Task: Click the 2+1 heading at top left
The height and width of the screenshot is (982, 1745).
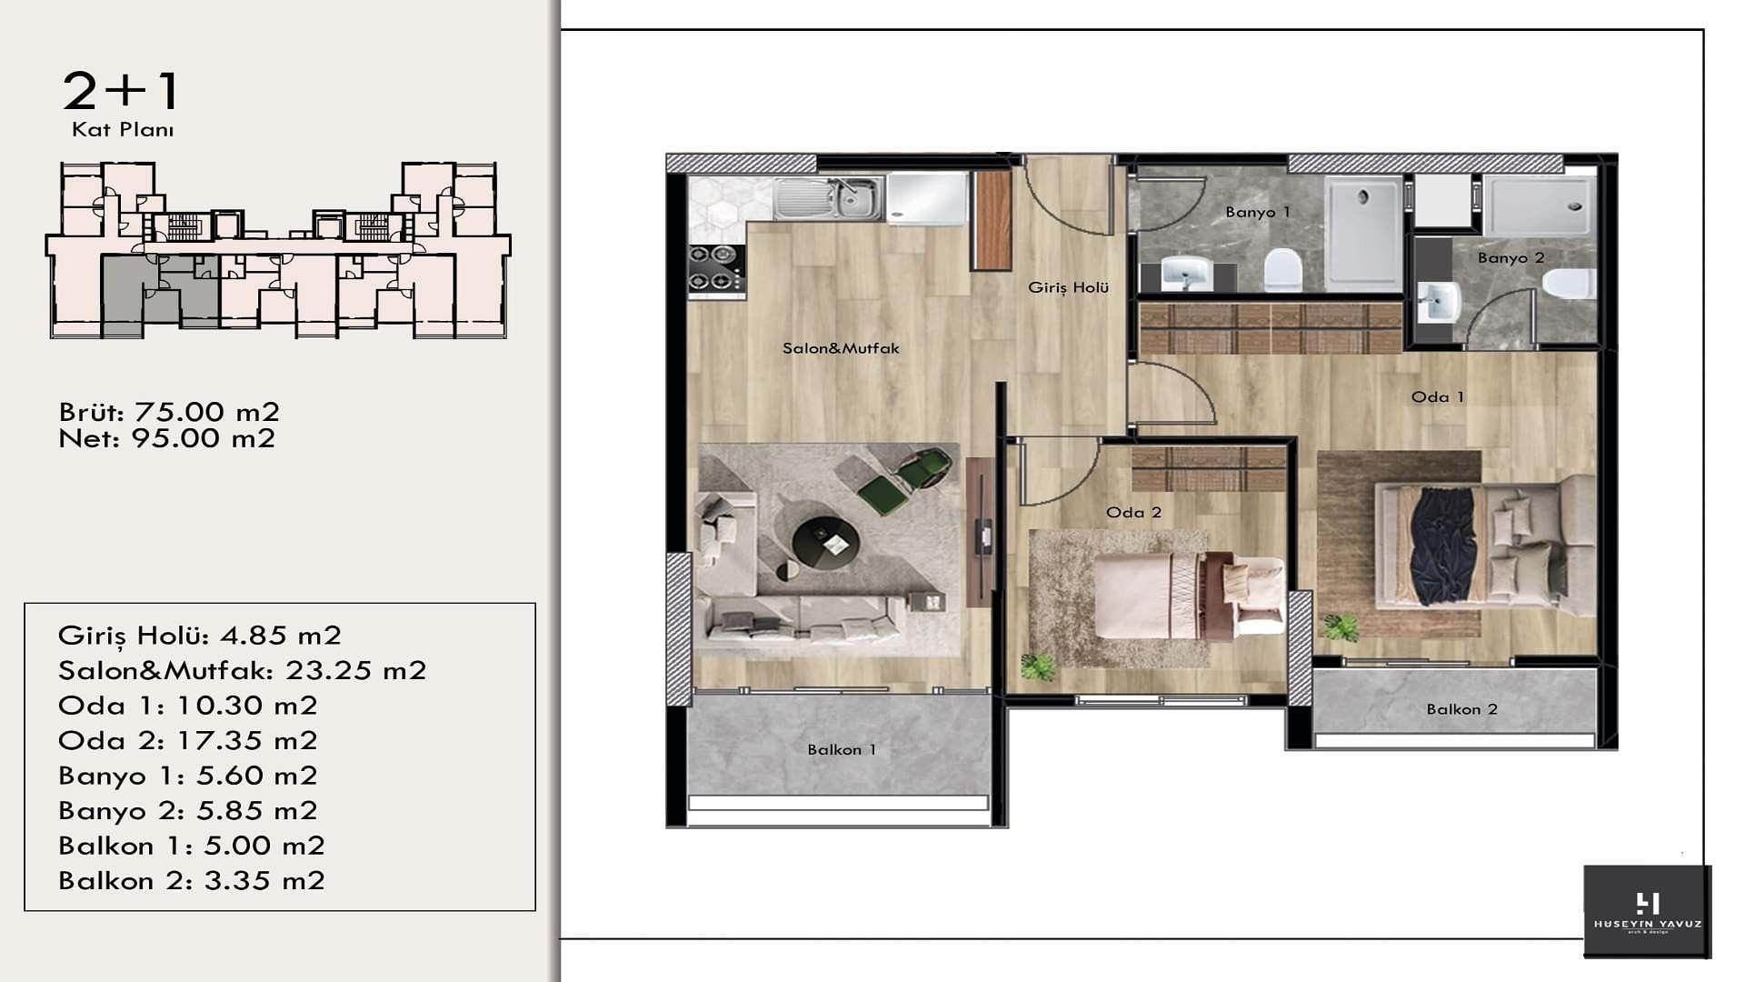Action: (x=122, y=91)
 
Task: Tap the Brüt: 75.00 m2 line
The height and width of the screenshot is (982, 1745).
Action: (x=169, y=412)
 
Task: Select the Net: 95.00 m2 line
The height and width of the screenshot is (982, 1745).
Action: (x=167, y=438)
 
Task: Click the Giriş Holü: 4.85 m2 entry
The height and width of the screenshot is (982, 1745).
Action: (x=200, y=636)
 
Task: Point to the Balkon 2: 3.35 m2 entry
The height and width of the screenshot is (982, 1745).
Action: (x=192, y=880)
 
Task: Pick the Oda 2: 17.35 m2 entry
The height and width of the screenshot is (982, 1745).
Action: (x=188, y=740)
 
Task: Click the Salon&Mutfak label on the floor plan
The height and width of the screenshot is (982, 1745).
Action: (x=841, y=348)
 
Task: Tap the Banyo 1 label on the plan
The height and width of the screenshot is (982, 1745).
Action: (x=1258, y=212)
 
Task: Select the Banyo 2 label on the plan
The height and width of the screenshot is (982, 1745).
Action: (x=1511, y=258)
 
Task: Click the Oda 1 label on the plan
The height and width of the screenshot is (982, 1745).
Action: (x=1438, y=396)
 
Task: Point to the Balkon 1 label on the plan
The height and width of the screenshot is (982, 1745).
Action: (x=842, y=749)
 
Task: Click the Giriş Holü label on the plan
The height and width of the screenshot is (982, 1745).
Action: (x=1069, y=287)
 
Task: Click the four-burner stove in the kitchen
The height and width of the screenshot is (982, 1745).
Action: (x=716, y=268)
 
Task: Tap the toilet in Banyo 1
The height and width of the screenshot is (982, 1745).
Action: (x=1282, y=269)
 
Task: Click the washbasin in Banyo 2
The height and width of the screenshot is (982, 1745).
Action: (x=1439, y=302)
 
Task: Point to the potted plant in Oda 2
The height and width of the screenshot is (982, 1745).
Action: (x=1037, y=666)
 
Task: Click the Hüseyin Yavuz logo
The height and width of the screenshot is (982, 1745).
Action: (x=1647, y=911)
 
